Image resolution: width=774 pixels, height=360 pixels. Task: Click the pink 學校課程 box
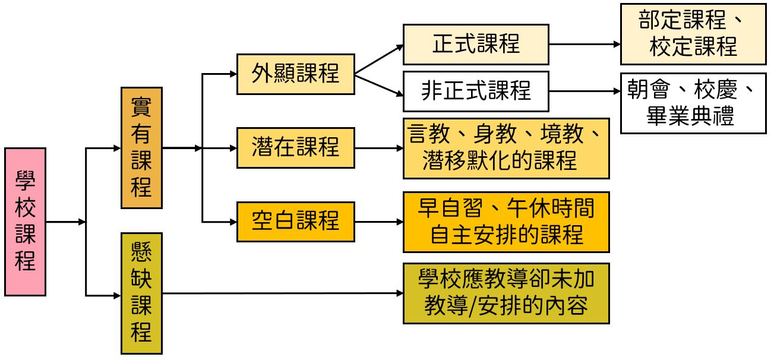click(25, 222)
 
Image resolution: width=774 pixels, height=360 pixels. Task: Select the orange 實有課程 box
click(141, 148)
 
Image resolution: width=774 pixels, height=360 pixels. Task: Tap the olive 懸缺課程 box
click(141, 293)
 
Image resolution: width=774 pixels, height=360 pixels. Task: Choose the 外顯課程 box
click(295, 74)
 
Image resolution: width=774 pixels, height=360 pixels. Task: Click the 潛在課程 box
click(295, 147)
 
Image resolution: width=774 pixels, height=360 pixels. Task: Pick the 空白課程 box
click(295, 222)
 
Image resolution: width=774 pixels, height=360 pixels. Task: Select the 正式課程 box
click(476, 44)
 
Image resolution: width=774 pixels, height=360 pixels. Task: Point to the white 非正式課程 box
click(476, 91)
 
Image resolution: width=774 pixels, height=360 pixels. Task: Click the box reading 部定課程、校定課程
click(693, 34)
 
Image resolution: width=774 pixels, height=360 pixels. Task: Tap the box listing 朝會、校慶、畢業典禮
click(693, 103)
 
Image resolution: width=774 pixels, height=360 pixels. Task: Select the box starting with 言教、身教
click(506, 148)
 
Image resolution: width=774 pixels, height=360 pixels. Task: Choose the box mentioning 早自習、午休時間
click(506, 222)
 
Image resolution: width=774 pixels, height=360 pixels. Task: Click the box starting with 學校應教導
click(506, 293)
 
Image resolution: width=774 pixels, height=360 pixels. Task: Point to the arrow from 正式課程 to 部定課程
click(585, 44)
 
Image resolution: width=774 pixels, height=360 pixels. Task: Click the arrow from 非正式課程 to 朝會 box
click(585, 91)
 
